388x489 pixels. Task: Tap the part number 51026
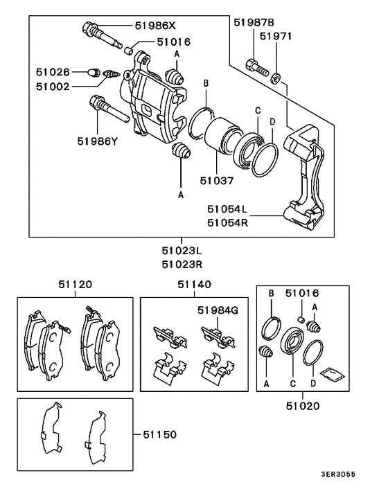click(x=53, y=71)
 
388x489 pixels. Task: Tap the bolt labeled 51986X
click(x=98, y=34)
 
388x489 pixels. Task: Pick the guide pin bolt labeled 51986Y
click(x=107, y=111)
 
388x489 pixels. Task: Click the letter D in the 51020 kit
click(x=314, y=381)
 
